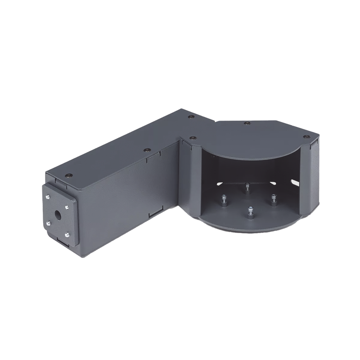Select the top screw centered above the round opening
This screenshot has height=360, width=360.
tap(246, 122)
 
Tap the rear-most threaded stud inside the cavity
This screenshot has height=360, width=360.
tap(247, 185)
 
